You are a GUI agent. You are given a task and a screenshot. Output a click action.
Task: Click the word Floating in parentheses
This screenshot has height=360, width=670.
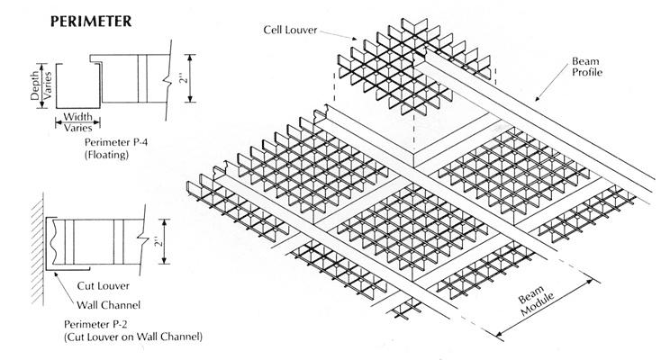point(109,155)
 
